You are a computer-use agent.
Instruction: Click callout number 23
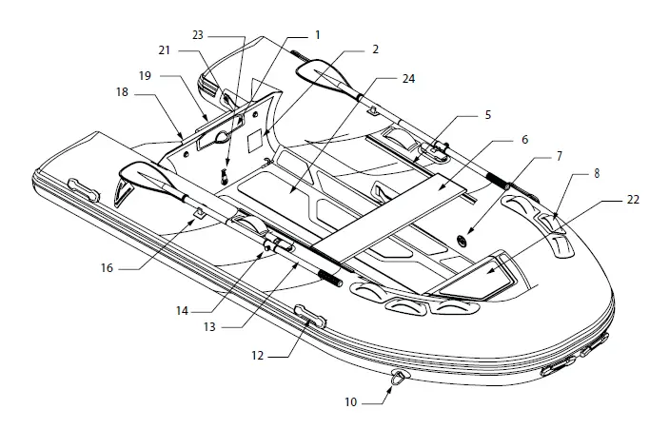click(198, 35)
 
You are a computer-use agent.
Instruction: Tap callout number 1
click(317, 35)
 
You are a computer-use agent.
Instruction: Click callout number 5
click(487, 115)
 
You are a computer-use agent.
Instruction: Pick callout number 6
click(523, 139)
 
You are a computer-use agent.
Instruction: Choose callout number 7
click(559, 155)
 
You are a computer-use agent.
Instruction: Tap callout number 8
click(597, 176)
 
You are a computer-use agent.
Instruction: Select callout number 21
click(163, 50)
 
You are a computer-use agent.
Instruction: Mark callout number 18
click(121, 93)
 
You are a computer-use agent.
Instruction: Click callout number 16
click(107, 268)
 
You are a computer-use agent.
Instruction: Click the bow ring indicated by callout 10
click(398, 379)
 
